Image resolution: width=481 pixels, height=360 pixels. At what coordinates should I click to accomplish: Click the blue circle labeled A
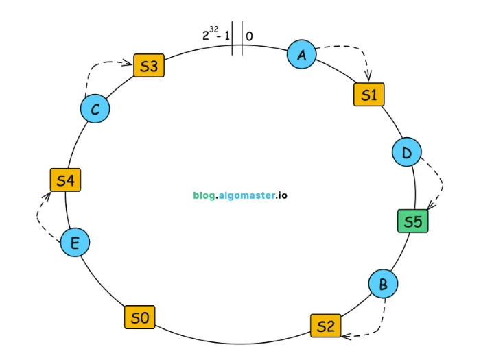301,55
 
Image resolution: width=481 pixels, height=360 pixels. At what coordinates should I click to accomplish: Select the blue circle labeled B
383,284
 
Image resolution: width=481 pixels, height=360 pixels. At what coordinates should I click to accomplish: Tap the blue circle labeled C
95,109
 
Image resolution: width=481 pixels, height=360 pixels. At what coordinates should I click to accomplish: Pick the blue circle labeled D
406,152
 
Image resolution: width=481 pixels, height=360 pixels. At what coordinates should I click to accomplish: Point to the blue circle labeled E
75,242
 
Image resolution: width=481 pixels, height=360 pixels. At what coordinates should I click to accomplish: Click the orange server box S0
139,317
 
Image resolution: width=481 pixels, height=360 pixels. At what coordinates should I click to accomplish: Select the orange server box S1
368,95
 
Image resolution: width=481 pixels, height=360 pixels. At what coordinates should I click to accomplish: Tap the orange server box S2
325,325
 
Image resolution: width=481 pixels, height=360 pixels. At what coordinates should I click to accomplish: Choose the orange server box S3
149,66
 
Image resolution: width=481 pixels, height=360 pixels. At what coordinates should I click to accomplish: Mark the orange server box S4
65,180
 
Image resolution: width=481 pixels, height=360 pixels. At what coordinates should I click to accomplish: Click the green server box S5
412,221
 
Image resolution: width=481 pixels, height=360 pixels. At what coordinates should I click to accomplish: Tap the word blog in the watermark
203,195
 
